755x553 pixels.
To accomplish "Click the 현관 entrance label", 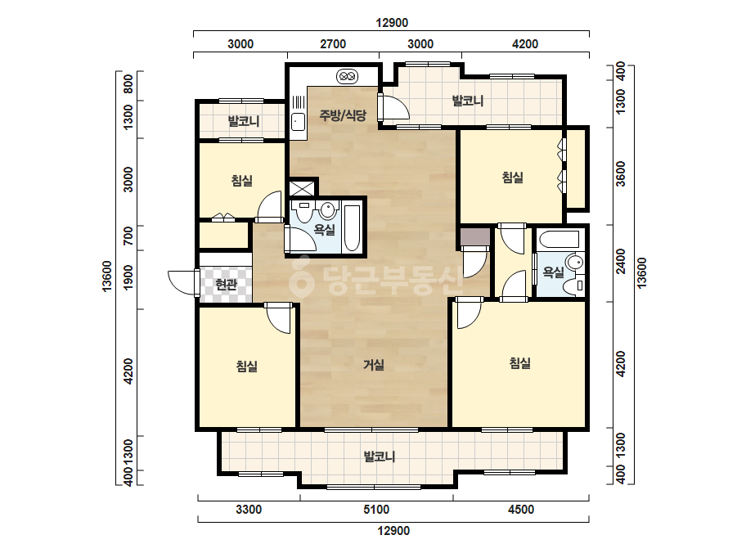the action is (226, 285).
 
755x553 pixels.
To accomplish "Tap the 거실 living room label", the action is (373, 365).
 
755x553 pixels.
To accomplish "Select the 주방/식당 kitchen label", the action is (343, 115).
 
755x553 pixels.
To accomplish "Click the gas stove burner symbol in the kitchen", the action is (347, 76).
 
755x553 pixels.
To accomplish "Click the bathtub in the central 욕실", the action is (352, 228).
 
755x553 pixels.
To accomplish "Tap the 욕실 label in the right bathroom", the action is (553, 272).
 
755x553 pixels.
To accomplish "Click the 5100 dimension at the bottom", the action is (376, 509).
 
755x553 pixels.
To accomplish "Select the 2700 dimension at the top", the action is (333, 44).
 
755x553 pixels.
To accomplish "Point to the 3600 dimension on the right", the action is (621, 173).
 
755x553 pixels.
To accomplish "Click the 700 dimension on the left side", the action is (128, 236).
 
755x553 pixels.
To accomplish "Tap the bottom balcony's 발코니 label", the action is (380, 456).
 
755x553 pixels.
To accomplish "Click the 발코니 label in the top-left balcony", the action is (244, 120).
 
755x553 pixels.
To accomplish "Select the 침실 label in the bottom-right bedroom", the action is (520, 362).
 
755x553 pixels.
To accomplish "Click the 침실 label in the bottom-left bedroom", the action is (246, 366).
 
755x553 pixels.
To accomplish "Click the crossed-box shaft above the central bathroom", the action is (303, 187).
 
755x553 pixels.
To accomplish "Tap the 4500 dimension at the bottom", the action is (521, 509).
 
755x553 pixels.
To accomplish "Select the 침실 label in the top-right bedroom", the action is (512, 178).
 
